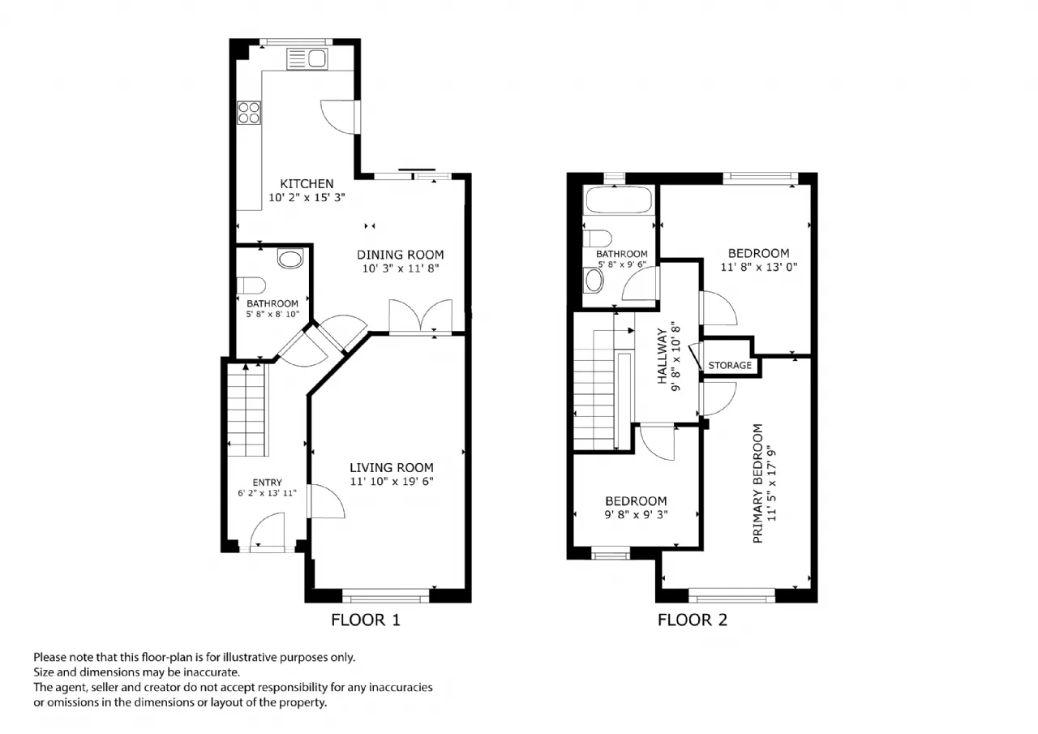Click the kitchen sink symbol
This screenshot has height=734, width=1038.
[x=307, y=59]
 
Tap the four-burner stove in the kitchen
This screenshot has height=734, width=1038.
[x=249, y=113]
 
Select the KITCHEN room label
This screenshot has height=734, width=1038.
[x=307, y=183]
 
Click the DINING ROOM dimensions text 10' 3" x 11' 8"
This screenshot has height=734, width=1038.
[x=401, y=268]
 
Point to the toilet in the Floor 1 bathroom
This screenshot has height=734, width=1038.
[x=251, y=285]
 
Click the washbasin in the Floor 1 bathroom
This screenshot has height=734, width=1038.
[x=290, y=259]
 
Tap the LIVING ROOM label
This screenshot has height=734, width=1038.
[x=392, y=467]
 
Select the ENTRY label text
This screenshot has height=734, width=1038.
[x=267, y=483]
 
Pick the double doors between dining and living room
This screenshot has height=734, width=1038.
[x=420, y=316]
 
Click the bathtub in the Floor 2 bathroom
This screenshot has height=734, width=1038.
[x=619, y=200]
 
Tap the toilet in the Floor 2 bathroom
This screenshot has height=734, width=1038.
[x=597, y=238]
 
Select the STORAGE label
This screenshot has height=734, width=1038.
[x=730, y=365]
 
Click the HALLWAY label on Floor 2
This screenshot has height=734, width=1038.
[x=663, y=356]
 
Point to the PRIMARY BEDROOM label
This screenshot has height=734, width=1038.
[x=757, y=483]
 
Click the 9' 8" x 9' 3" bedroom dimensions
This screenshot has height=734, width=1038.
[x=636, y=514]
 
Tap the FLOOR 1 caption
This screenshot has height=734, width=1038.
[x=365, y=620]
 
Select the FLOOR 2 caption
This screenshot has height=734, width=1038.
[x=693, y=620]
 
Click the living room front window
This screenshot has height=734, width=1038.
[x=385, y=596]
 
